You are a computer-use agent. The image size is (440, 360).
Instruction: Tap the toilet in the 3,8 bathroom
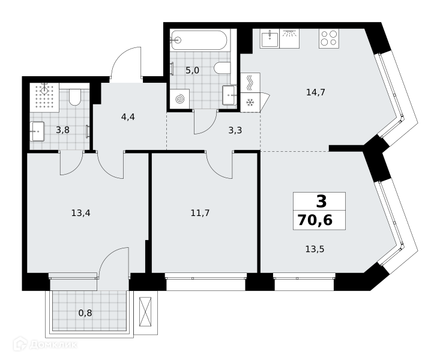74,97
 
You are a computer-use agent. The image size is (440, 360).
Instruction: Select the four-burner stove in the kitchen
329,38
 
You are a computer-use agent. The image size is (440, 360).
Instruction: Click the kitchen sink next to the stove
270,38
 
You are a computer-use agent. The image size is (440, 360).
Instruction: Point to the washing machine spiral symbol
179,99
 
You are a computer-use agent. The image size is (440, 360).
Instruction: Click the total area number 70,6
315,220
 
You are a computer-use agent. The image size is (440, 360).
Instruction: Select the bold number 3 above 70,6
322,202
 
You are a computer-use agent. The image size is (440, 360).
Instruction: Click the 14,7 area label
316,92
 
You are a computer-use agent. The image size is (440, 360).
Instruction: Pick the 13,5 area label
315,249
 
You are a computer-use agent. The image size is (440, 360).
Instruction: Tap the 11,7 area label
200,213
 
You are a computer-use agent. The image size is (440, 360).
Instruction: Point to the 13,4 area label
81,213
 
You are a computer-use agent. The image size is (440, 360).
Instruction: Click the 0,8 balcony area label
85,313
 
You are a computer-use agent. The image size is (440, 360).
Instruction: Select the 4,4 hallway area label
128,117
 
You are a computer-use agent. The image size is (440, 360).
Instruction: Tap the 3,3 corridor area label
235,130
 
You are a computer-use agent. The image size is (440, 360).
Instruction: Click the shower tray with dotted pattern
44,98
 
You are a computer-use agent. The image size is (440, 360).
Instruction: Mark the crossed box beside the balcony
145,312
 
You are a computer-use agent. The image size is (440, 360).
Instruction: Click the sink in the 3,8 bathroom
37,131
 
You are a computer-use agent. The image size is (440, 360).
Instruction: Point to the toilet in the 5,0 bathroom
222,68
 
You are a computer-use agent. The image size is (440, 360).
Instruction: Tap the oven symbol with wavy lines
250,83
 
